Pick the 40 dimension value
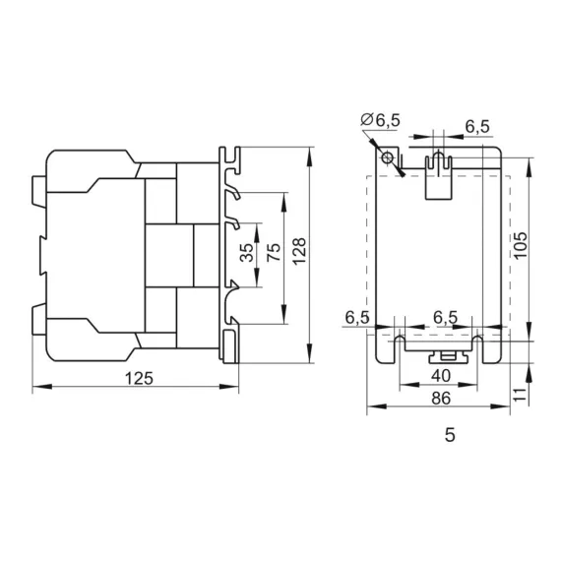click(x=440, y=376)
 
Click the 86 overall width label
click(x=440, y=398)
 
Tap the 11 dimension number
click(x=521, y=393)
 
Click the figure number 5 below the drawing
click(x=450, y=434)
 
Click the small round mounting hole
click(x=389, y=158)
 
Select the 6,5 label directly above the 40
click(x=446, y=318)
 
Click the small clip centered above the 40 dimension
click(x=446, y=354)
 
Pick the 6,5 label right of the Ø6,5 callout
click(x=478, y=126)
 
